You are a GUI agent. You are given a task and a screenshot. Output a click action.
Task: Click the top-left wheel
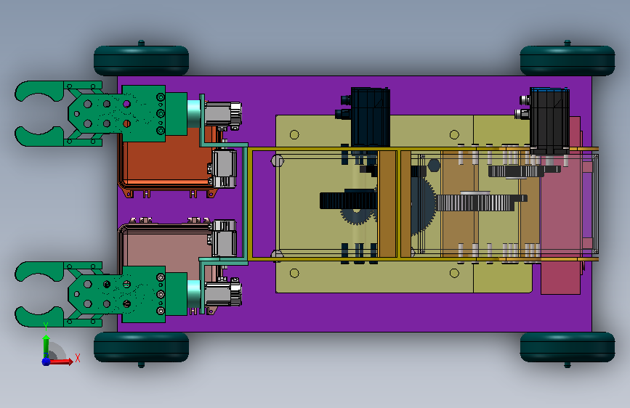[x=141, y=60]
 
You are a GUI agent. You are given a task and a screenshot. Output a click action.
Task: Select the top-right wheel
[x=568, y=60]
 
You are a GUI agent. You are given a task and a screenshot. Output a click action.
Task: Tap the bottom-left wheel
[x=141, y=348]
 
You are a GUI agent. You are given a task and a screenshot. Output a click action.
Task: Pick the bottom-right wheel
[x=568, y=348]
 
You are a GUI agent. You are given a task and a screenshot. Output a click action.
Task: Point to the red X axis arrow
[x=61, y=362]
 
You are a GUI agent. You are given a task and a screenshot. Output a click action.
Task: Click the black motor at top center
[x=366, y=116]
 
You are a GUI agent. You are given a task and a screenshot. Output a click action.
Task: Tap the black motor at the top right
[x=546, y=120]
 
